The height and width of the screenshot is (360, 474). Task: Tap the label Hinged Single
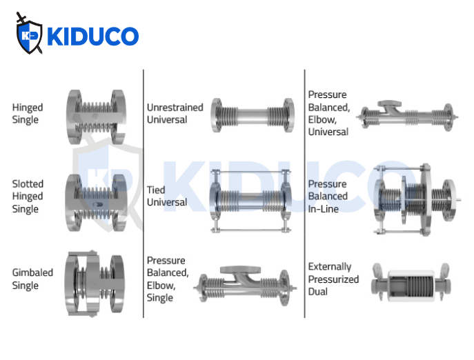[x=28, y=114]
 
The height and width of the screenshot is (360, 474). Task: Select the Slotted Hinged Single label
[x=28, y=196]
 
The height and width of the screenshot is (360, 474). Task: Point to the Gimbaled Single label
[x=32, y=279]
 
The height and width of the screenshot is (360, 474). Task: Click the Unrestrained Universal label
[x=175, y=113]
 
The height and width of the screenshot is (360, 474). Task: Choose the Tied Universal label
[x=167, y=196]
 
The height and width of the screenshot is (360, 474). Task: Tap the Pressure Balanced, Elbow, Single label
[x=166, y=279]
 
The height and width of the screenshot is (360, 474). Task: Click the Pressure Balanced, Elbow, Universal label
[x=328, y=113]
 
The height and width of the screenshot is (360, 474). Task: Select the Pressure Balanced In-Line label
[x=328, y=196]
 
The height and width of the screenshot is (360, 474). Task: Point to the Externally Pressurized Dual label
[x=333, y=279]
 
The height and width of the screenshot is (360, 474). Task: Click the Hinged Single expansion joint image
[x=97, y=114]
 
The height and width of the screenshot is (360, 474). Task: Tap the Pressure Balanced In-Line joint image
[x=414, y=200]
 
